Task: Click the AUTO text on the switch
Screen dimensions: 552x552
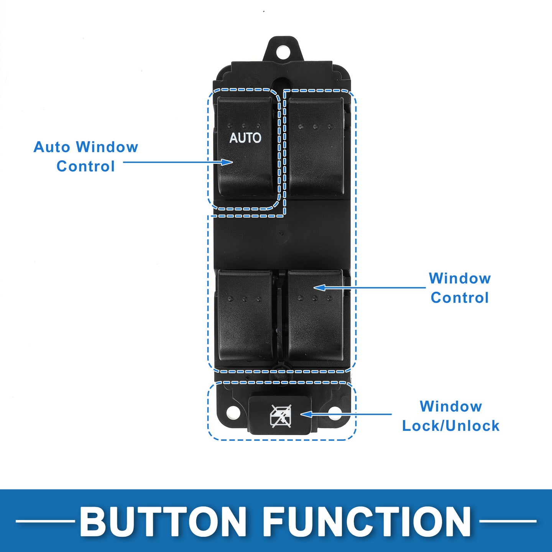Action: coord(245,138)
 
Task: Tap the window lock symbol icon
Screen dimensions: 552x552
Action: coord(281,416)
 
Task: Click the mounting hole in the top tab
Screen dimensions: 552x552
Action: coord(283,52)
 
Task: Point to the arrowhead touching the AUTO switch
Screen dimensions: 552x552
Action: coord(228,162)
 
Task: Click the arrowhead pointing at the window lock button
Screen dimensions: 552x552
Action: coord(306,414)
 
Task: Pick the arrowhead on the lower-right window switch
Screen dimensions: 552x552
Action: coord(319,287)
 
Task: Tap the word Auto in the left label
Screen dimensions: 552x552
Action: coord(52,147)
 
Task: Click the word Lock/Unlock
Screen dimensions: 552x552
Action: coord(451,426)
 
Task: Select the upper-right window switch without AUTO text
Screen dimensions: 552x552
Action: coord(316,146)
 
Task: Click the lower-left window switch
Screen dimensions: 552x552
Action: coord(245,316)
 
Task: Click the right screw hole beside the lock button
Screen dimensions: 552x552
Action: coord(335,413)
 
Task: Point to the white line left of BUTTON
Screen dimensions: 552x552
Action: coord(45,521)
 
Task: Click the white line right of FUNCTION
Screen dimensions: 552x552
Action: coord(508,521)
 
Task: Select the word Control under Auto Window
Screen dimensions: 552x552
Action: coord(85,166)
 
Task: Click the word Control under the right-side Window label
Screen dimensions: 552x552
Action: coord(460,298)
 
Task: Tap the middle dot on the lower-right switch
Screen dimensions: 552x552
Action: coord(315,298)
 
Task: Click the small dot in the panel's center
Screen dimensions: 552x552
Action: coord(282,233)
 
